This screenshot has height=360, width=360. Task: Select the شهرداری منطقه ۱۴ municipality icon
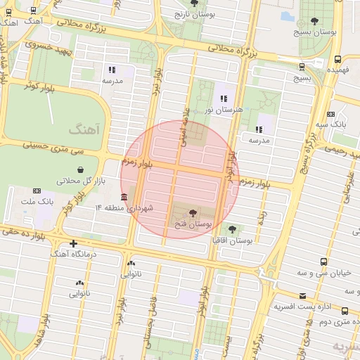(x=124, y=196)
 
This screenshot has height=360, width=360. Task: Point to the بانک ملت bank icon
(x=37, y=191)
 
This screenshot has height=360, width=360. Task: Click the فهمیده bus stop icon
(x=338, y=60)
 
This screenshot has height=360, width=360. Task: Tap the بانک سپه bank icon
(x=330, y=114)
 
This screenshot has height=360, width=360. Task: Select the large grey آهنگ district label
(x=85, y=130)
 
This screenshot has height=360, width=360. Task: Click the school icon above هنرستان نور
(x=224, y=98)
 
